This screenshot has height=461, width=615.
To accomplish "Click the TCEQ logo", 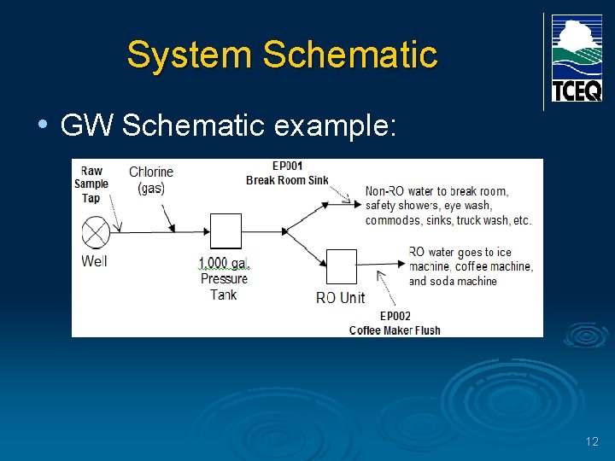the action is (x=577, y=58).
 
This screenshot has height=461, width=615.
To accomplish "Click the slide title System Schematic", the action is (x=281, y=55).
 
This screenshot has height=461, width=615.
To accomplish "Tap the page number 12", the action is (x=592, y=441).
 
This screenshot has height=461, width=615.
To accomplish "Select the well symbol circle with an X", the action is (x=94, y=232).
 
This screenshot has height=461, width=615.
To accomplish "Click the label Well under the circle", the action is (x=94, y=260).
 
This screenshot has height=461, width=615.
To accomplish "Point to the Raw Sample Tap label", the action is (x=91, y=184).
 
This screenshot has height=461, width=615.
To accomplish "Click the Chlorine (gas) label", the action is (x=151, y=180).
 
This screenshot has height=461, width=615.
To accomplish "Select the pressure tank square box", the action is (x=225, y=230).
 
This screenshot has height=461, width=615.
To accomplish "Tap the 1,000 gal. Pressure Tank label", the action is (x=223, y=278).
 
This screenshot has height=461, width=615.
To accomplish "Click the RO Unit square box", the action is (x=342, y=266).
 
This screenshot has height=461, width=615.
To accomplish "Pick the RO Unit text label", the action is (x=340, y=297).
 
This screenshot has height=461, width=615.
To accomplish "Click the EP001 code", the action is (x=287, y=166).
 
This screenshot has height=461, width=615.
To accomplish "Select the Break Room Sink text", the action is (x=287, y=180).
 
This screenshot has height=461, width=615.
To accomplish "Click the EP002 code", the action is (x=395, y=317).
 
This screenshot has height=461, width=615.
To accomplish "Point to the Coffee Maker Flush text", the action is (x=395, y=330).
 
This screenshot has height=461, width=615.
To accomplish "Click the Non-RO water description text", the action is (x=448, y=206).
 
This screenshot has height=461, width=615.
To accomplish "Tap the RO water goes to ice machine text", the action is (x=471, y=266).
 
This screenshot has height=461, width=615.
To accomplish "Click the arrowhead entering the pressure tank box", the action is (x=206, y=230).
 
